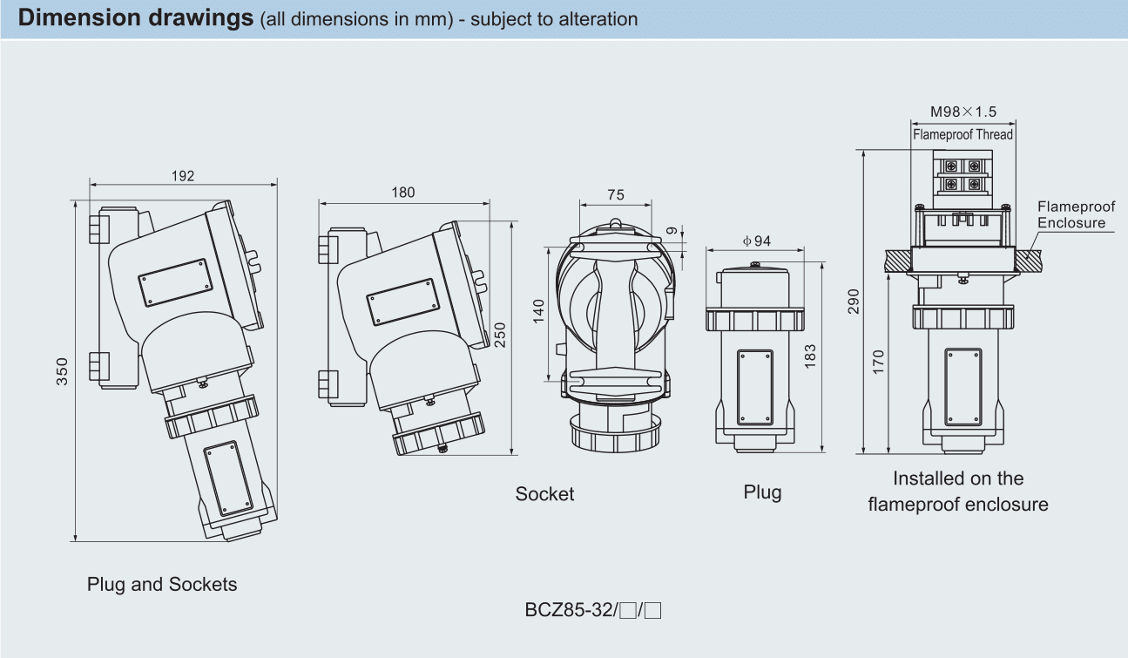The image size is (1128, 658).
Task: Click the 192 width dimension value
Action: pos(183,176)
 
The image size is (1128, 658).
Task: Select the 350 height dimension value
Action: pos(63,370)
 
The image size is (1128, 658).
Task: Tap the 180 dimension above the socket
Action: pos(403,193)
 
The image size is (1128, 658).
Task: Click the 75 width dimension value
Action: pos(615,194)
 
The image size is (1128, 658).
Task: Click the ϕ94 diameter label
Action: pos(756,241)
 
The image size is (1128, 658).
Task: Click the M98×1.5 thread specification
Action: pos(963,112)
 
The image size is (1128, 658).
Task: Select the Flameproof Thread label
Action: pos(963,134)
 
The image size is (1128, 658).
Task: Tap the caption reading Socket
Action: pos(544,494)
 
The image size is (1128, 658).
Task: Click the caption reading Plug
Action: pos(762,492)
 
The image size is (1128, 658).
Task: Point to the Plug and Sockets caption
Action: pos(162,584)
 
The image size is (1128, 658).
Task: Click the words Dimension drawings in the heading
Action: pos(136,18)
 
